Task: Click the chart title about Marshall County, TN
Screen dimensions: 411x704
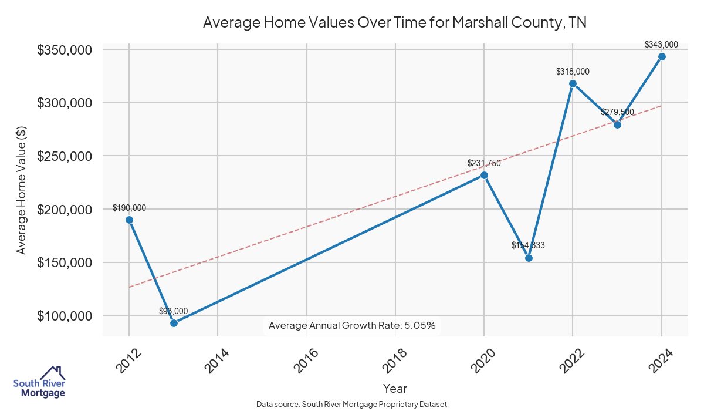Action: pyautogui.click(x=395, y=23)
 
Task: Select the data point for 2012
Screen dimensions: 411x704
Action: pyautogui.click(x=129, y=220)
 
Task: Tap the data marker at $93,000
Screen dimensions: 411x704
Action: pyautogui.click(x=174, y=323)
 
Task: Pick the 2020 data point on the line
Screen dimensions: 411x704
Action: pyautogui.click(x=484, y=175)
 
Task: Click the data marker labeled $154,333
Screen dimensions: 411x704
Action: pyautogui.click(x=529, y=258)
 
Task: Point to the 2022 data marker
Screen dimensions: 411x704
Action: pyautogui.click(x=573, y=83)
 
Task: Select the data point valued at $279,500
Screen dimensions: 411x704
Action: pyautogui.click(x=617, y=124)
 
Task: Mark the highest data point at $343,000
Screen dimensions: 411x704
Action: pyautogui.click(x=662, y=56)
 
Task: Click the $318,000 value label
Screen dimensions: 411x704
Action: pyautogui.click(x=573, y=72)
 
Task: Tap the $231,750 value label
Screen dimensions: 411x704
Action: pyautogui.click(x=484, y=163)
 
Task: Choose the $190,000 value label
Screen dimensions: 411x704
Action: pyautogui.click(x=129, y=208)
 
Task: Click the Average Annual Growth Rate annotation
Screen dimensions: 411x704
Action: pyautogui.click(x=352, y=325)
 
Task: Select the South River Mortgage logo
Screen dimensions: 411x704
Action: pyautogui.click(x=39, y=382)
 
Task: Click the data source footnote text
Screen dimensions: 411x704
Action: pyautogui.click(x=352, y=405)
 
